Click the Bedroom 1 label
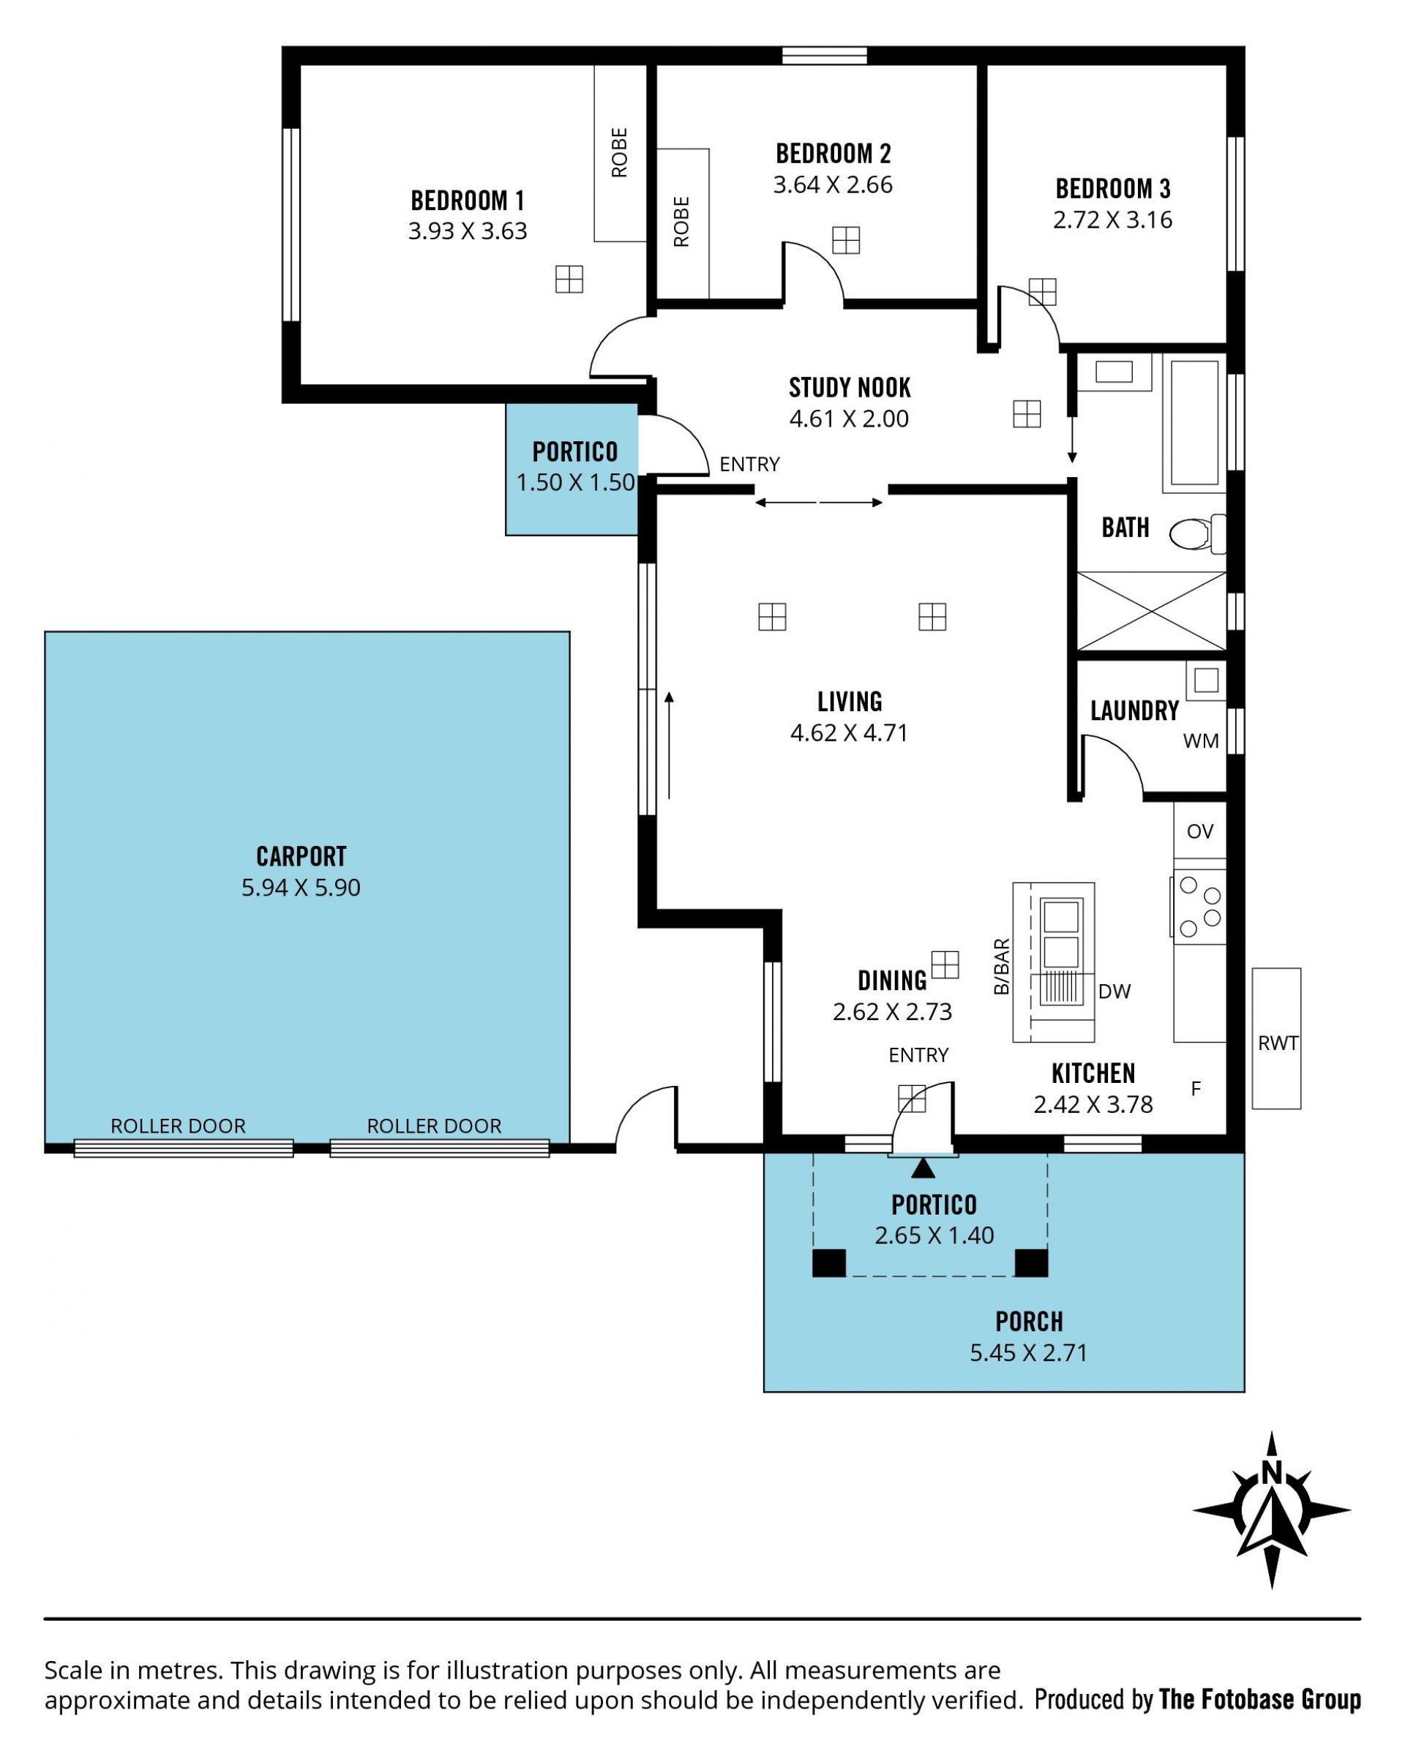(467, 200)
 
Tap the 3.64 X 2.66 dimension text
(832, 184)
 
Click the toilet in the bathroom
(1197, 533)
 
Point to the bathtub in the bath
(1194, 424)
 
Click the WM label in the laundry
(1200, 741)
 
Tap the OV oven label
(1199, 831)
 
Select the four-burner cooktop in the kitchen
(1199, 907)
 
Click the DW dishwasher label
(1114, 991)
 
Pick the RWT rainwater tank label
(1278, 1043)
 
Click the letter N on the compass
(1271, 1472)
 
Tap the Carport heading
(301, 856)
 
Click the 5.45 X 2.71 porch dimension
(1028, 1352)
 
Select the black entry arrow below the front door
(923, 1169)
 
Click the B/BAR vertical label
(1001, 967)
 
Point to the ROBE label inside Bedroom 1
(620, 153)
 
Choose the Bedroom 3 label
(1112, 189)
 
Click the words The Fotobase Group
(1259, 1700)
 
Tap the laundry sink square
(1207, 680)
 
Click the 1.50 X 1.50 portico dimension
(575, 482)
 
